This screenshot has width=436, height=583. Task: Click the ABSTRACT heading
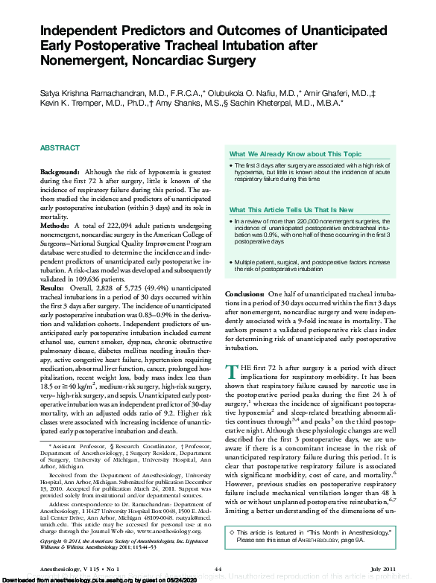[x=59, y=148]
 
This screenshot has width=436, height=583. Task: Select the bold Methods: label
[x=56, y=224]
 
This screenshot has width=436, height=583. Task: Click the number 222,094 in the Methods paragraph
[x=119, y=224]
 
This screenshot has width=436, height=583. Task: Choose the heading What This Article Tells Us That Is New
[x=291, y=210]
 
